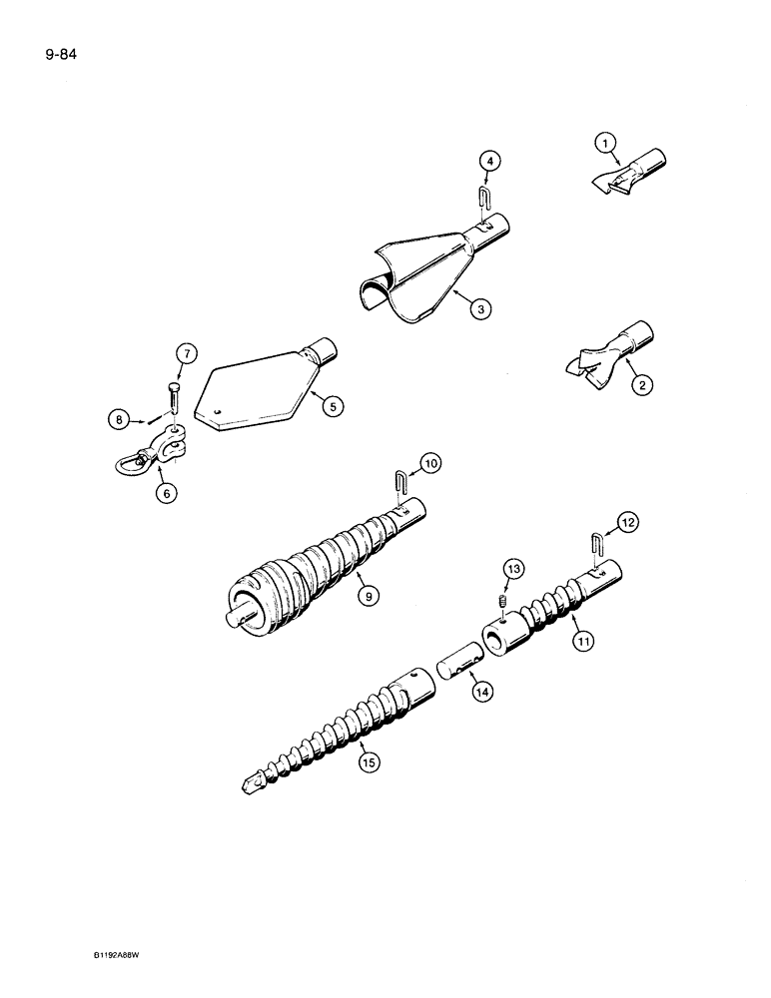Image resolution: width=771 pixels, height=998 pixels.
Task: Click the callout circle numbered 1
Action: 603,144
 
